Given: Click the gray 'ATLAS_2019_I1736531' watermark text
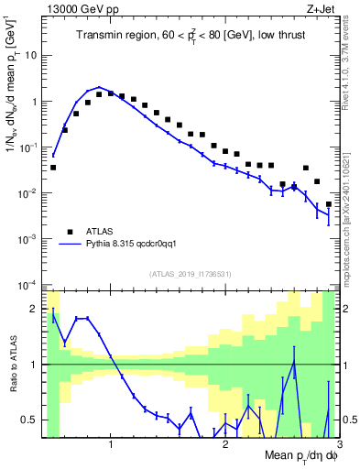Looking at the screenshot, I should (190, 274).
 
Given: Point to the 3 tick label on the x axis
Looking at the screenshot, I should (338, 444).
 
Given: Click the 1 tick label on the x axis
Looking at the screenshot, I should (111, 444).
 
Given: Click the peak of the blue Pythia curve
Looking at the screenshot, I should (99, 87).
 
